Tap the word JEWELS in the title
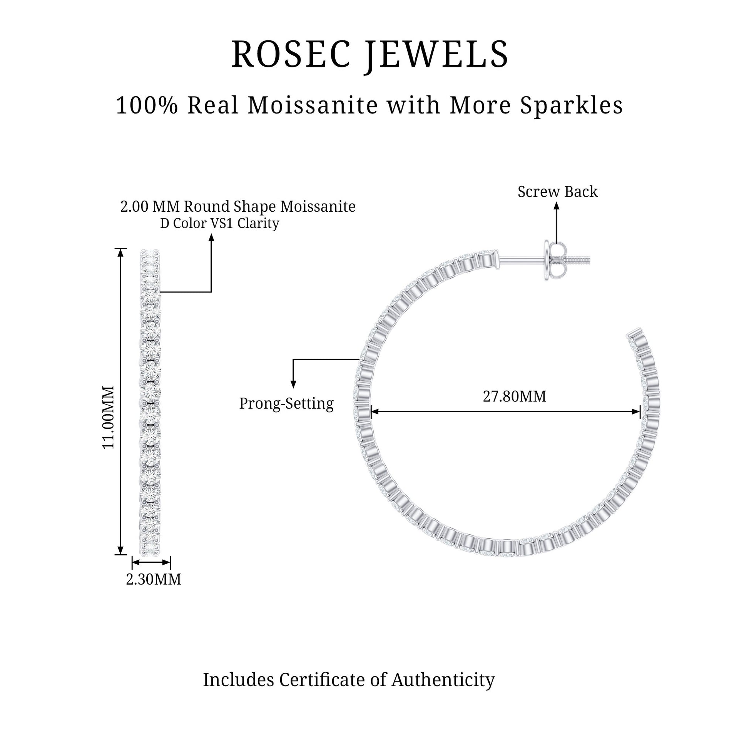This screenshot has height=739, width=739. click(x=436, y=55)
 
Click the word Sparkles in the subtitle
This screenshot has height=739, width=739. click(x=572, y=105)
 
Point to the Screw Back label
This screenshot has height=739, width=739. click(x=557, y=192)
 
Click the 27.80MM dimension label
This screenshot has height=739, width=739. click(x=514, y=396)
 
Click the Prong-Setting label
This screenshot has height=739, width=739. click(x=286, y=403)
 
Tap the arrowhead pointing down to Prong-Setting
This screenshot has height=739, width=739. click(x=293, y=384)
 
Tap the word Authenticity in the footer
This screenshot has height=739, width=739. click(x=443, y=679)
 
